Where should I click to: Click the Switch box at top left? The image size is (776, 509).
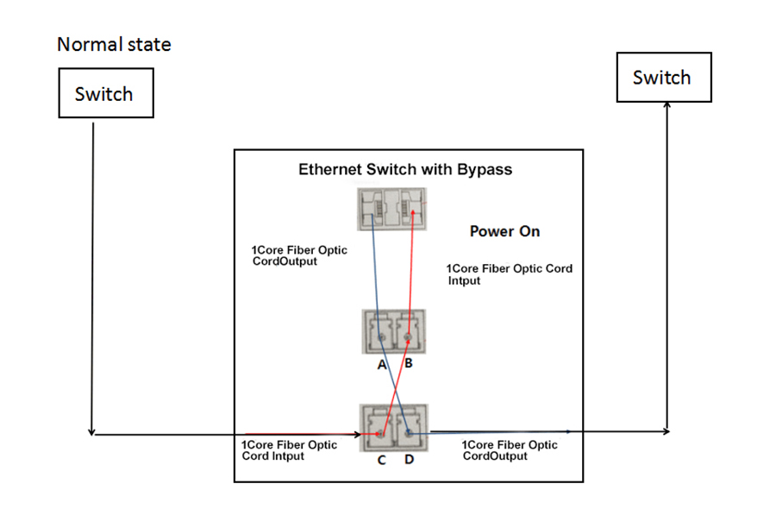(x=104, y=93)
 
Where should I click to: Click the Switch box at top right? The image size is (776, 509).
(x=662, y=78)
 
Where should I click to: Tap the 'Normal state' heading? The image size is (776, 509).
(x=114, y=44)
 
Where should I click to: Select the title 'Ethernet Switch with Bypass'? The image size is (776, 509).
(x=405, y=169)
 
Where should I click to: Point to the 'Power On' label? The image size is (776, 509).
(x=504, y=232)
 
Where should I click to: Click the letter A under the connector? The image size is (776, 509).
(x=381, y=364)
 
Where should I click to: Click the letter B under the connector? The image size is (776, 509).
(x=409, y=363)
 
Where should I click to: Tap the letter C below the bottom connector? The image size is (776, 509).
(x=381, y=460)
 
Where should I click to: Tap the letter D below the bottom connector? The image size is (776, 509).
(x=409, y=460)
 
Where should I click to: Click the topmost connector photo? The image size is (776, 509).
(x=394, y=210)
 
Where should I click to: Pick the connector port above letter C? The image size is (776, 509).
(x=378, y=427)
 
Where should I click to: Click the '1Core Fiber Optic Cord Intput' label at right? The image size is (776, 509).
(x=509, y=274)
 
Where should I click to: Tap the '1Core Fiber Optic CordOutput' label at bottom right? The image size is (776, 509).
(x=510, y=450)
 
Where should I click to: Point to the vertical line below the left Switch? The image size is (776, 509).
(x=91, y=276)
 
